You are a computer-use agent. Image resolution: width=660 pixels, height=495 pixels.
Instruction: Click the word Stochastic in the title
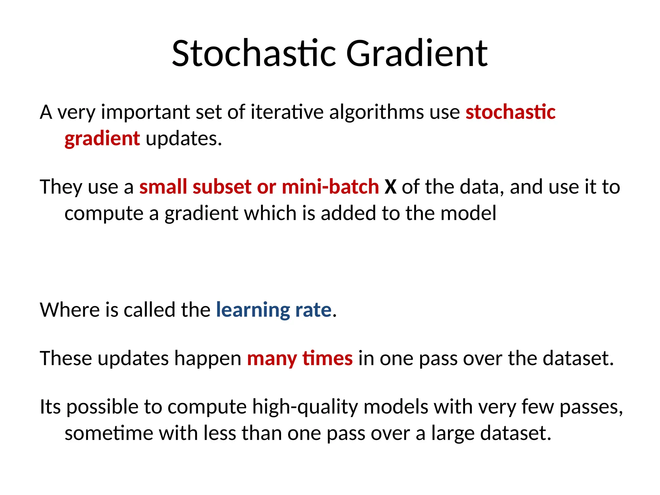click(x=254, y=53)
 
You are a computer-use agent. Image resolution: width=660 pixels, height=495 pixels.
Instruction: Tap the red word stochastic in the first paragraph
click(x=510, y=112)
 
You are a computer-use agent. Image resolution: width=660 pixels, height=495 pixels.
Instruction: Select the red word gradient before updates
click(x=102, y=139)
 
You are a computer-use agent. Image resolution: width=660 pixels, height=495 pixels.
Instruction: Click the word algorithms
click(x=376, y=112)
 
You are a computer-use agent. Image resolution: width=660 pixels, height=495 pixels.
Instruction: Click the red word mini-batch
click(x=330, y=187)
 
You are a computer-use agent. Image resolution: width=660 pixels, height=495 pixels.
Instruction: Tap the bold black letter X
click(x=390, y=187)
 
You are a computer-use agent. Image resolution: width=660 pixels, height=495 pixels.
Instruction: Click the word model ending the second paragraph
click(x=468, y=213)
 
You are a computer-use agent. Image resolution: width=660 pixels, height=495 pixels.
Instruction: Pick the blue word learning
click(x=253, y=310)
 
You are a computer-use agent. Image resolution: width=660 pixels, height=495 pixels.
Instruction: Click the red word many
click(x=272, y=358)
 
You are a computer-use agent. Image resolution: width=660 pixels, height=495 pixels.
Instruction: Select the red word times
click(x=327, y=358)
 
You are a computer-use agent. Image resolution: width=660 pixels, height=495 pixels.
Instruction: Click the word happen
click(x=208, y=358)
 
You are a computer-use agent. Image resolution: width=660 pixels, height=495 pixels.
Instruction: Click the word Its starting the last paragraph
click(x=50, y=407)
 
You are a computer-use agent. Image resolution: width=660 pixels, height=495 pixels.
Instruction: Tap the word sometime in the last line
click(x=109, y=433)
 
